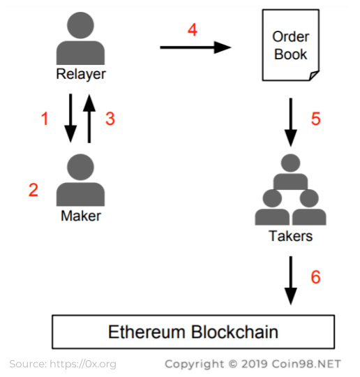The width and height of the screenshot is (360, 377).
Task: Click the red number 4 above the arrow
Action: (193, 30)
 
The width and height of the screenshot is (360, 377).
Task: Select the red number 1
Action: (45, 119)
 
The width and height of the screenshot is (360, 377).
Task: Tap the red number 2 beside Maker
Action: (33, 190)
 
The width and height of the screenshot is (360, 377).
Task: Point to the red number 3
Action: (110, 119)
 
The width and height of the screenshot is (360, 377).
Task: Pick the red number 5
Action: (316, 119)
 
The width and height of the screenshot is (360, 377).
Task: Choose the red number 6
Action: (315, 277)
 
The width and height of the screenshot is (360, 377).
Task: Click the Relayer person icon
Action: (80, 38)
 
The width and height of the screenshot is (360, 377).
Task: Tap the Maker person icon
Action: (80, 180)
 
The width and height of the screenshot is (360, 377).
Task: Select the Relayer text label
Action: (81, 74)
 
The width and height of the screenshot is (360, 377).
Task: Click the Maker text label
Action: (81, 216)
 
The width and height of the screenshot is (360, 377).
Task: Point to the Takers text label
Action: (290, 236)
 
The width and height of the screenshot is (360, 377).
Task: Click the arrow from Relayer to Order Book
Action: (195, 47)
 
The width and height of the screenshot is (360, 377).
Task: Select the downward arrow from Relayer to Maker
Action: (70, 118)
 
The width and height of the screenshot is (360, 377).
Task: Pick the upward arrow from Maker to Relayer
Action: (89, 119)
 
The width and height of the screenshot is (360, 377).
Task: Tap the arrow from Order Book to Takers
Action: (291, 122)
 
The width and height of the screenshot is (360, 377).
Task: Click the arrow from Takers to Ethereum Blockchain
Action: (291, 281)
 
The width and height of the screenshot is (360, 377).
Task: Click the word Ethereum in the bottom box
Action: (147, 332)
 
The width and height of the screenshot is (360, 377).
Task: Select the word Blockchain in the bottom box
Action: (234, 332)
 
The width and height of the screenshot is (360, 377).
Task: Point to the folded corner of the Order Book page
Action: (314, 75)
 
